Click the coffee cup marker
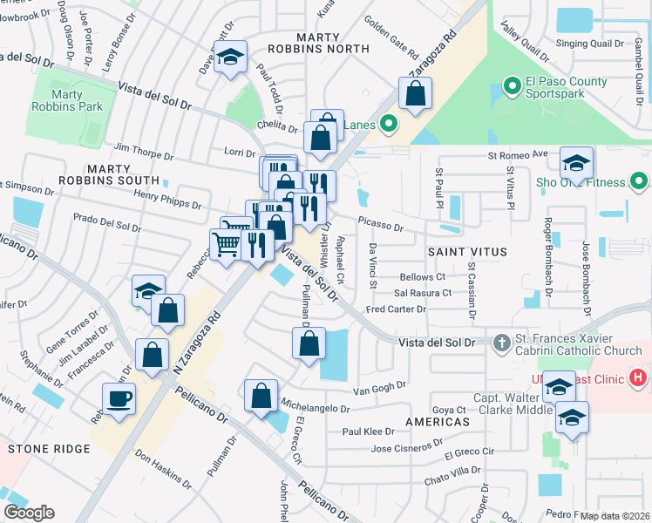click(119, 398)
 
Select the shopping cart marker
click(226, 243)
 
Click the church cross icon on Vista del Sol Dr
click(501, 343)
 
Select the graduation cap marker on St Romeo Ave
click(576, 162)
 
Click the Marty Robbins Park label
click(77, 100)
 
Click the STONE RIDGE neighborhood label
click(49, 449)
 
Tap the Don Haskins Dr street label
click(164, 469)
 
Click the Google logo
click(30, 513)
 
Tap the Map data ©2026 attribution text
click(615, 516)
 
